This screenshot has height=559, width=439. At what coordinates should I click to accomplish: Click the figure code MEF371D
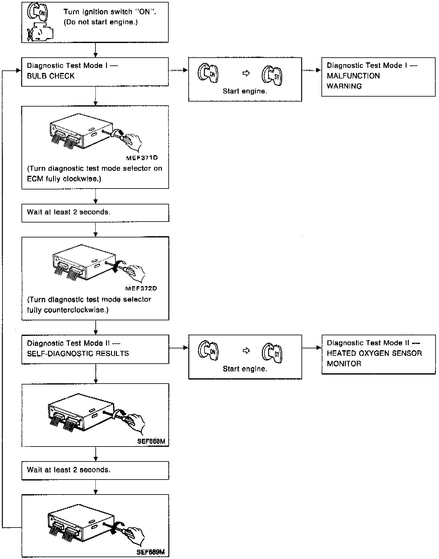tap(142, 158)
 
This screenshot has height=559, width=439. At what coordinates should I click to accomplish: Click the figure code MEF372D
tap(141, 288)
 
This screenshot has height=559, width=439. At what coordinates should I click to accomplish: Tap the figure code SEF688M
tap(151, 441)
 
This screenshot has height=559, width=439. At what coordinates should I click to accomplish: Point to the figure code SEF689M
tap(151, 552)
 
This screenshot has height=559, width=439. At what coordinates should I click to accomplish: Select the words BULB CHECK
tap(51, 76)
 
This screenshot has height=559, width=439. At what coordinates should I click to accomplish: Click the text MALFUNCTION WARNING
tap(353, 81)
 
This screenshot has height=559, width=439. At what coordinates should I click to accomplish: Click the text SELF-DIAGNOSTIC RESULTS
tap(78, 353)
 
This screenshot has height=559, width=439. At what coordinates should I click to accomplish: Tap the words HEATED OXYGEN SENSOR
tap(374, 353)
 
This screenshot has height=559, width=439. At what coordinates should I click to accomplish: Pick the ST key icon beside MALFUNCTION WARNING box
tap(272, 76)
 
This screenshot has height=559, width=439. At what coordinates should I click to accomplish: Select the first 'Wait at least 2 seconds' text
tap(69, 212)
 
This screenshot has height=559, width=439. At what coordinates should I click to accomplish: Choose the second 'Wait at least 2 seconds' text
tap(69, 470)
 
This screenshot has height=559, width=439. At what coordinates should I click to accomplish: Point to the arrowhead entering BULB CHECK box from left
tap(19, 71)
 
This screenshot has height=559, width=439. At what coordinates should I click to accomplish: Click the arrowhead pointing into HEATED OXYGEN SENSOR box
tap(319, 348)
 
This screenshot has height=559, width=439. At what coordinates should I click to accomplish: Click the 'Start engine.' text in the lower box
tap(245, 369)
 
